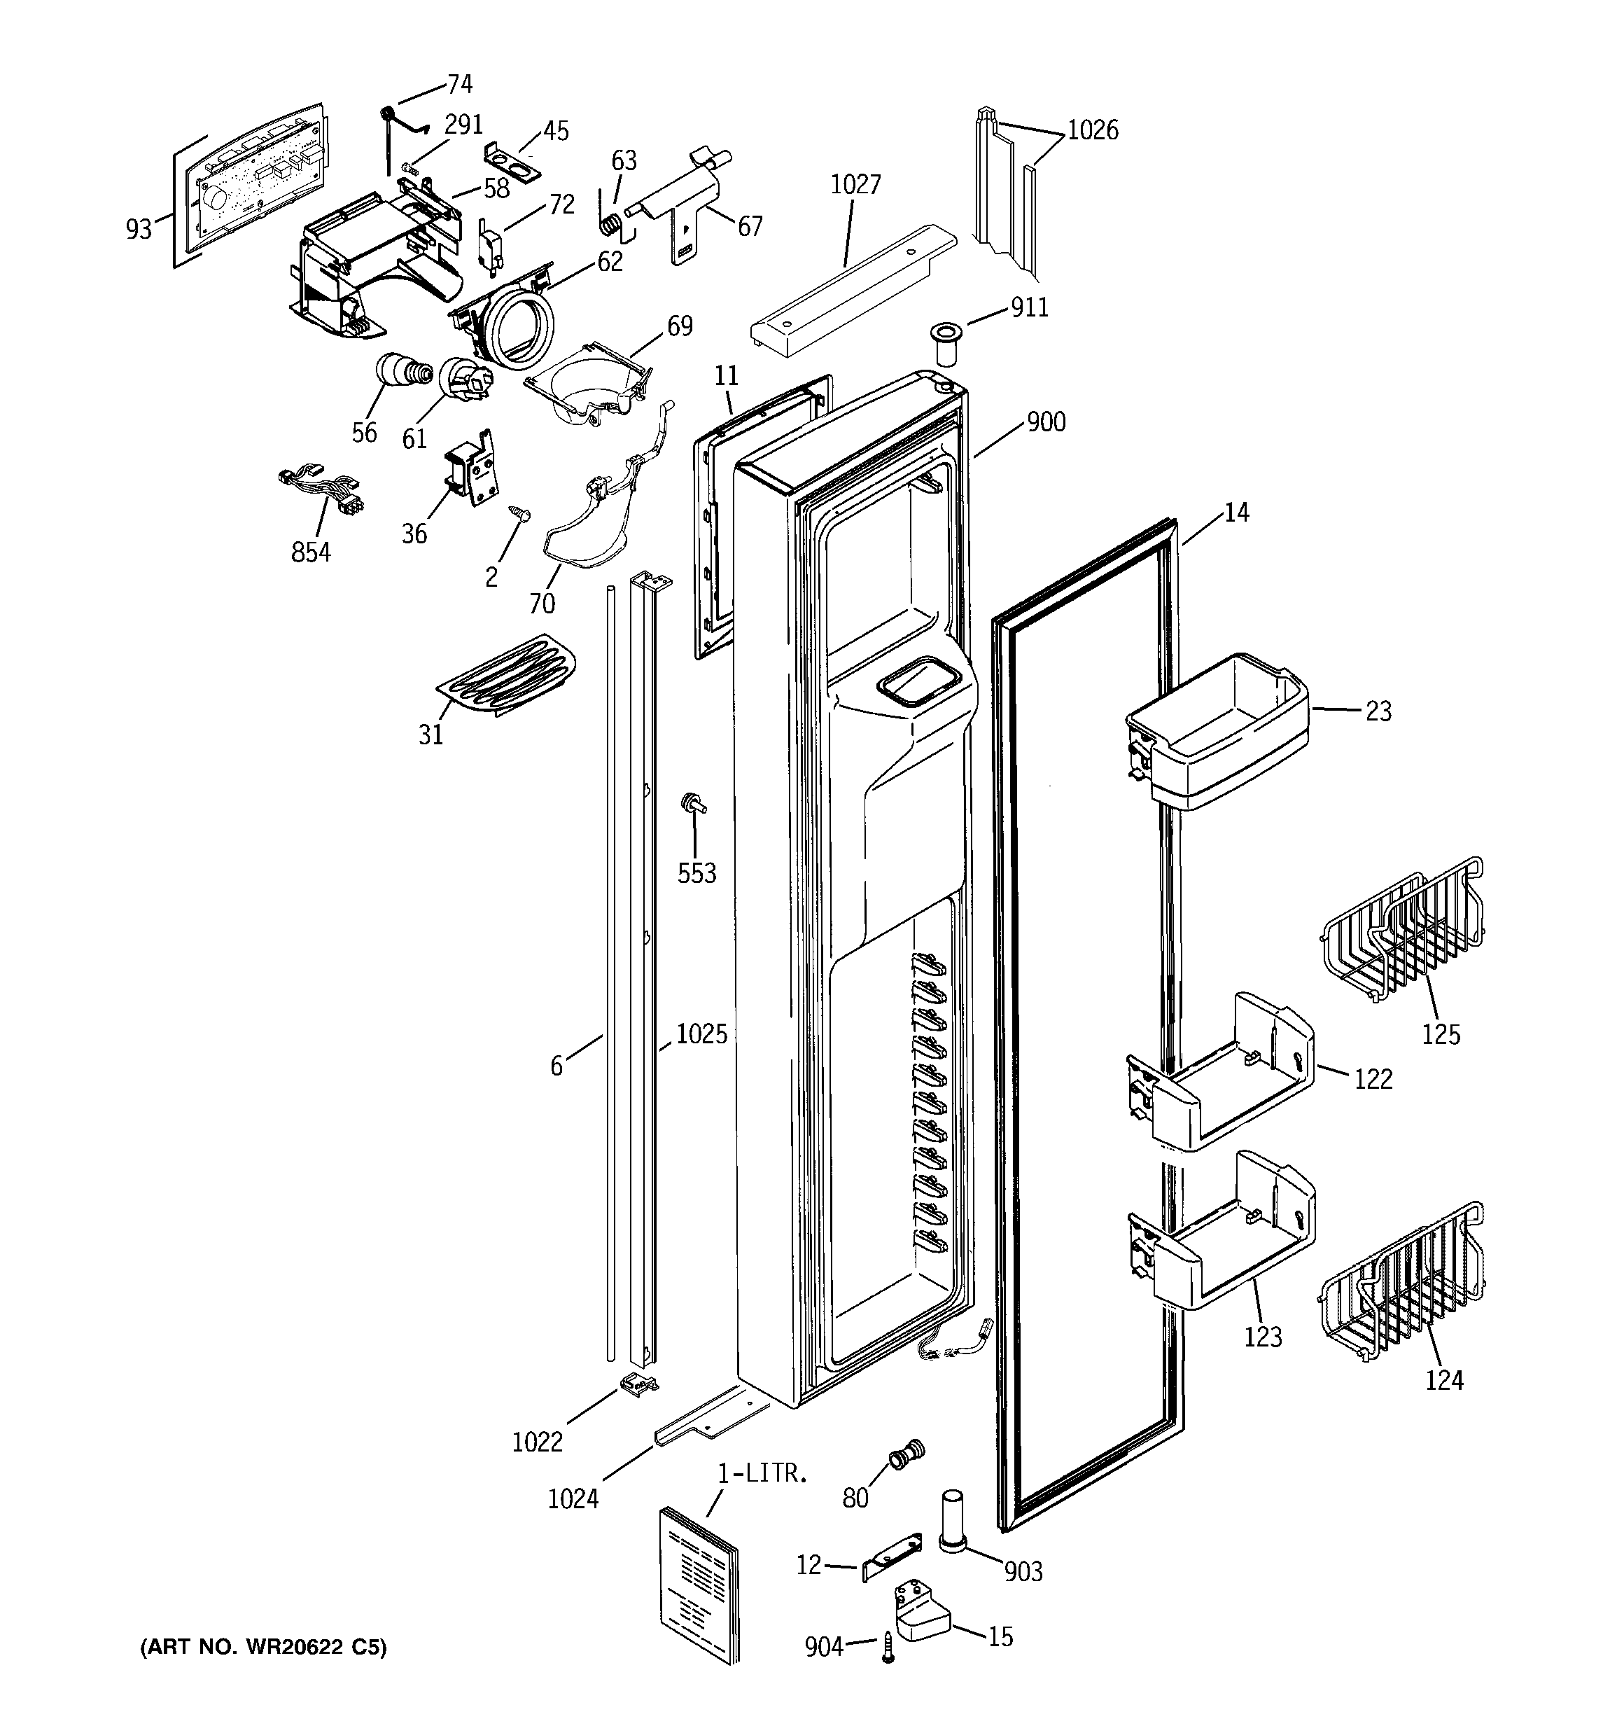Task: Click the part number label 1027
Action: (x=855, y=184)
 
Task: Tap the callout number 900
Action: (x=1045, y=422)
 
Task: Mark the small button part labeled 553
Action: (x=694, y=802)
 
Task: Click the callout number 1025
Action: (x=701, y=1034)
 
